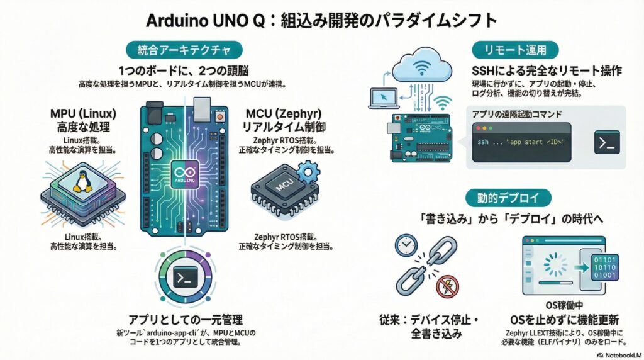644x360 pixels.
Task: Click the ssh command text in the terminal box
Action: pos(521,142)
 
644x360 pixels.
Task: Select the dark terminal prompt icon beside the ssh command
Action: pos(607,142)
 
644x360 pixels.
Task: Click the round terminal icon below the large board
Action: pos(186,276)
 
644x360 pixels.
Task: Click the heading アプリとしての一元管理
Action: pos(186,319)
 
